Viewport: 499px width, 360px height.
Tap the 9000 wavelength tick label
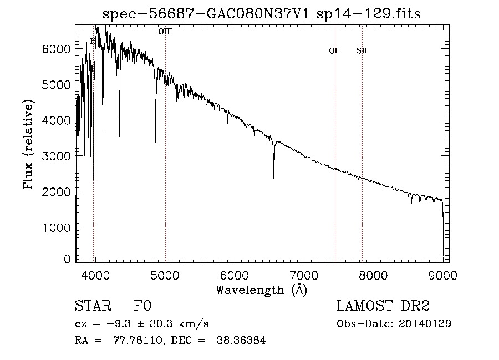click(x=442, y=275)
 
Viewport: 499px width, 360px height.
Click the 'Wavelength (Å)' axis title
click(x=261, y=290)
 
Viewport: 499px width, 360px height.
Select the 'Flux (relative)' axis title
click(x=28, y=144)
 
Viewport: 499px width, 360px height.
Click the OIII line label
click(x=165, y=32)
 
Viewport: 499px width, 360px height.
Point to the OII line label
click(x=334, y=51)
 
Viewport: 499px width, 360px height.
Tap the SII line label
click(x=362, y=51)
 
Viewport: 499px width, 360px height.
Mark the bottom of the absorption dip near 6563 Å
click(x=273, y=178)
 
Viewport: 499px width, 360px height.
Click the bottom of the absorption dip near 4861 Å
click(x=155, y=142)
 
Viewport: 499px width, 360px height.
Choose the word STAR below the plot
click(x=92, y=306)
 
